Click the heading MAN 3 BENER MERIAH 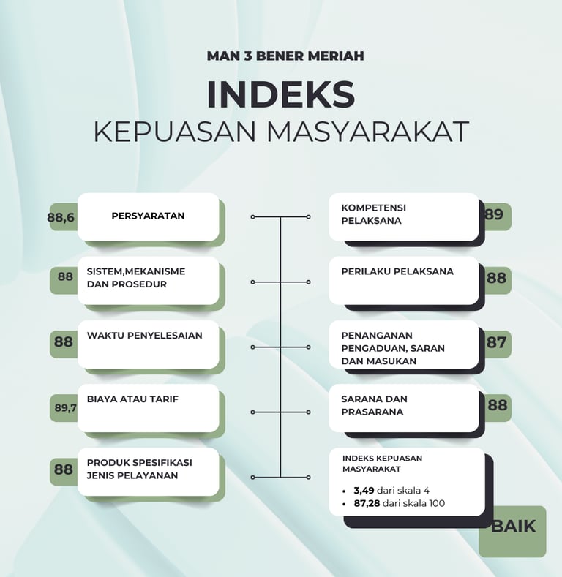click(285, 56)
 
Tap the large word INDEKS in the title click(281, 94)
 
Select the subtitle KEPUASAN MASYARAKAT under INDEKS click(281, 132)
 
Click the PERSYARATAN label click(148, 216)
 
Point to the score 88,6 click(61, 217)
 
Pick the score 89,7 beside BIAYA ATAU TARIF click(66, 408)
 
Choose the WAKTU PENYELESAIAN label click(145, 336)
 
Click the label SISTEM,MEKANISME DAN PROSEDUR click(136, 278)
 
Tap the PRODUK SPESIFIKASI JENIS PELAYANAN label click(139, 469)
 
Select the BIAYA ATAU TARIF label click(133, 399)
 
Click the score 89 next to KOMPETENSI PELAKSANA click(495, 215)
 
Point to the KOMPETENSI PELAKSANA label click(373, 214)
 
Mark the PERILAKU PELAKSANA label click(397, 271)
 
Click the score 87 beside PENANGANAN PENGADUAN click(496, 342)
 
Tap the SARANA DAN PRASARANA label click(374, 406)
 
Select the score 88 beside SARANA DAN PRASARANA click(497, 405)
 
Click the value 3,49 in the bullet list click(364, 490)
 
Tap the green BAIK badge click(513, 526)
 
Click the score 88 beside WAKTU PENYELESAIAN click(64, 342)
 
